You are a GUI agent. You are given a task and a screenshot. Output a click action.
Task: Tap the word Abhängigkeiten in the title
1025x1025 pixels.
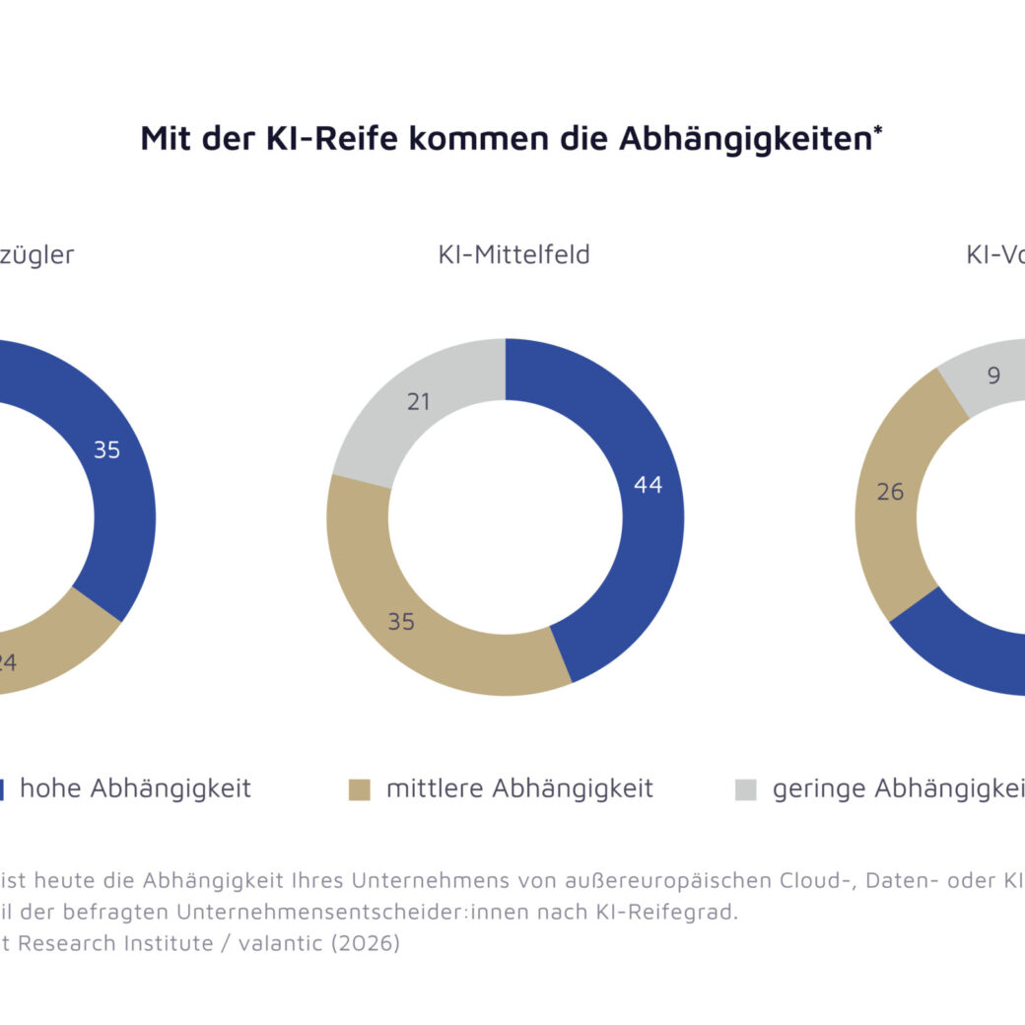pos(745,138)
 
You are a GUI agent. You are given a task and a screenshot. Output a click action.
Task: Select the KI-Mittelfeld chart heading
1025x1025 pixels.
pos(513,254)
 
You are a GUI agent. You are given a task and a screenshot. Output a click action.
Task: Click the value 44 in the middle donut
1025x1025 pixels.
pos(648,485)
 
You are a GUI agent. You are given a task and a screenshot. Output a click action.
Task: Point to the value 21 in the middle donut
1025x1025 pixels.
pos(418,402)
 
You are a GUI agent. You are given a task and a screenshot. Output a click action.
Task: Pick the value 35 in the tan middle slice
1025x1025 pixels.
pos(400,622)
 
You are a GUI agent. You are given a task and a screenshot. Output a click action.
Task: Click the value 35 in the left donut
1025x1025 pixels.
pos(106,450)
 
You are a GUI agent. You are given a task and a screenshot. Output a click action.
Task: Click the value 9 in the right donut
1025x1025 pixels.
pos(993,376)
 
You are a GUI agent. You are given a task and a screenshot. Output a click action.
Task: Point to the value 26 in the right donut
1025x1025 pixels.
pos(890,492)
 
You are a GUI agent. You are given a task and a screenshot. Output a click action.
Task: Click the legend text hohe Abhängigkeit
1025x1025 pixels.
pos(135,788)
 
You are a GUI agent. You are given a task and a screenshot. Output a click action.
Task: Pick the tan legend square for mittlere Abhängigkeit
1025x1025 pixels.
pos(360,789)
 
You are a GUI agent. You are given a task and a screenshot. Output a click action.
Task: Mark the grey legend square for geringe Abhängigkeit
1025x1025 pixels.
pos(746,789)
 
